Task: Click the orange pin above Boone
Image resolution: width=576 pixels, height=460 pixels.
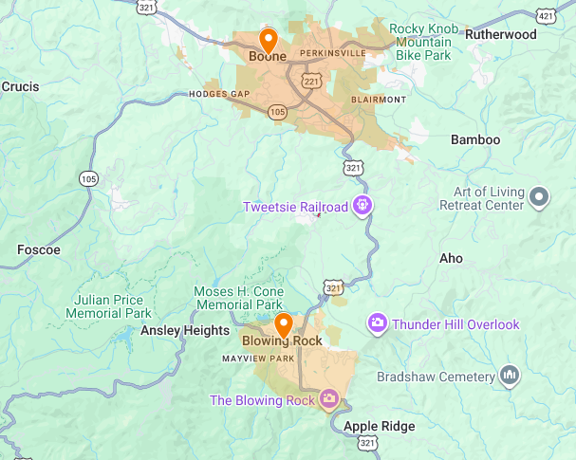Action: click(268, 41)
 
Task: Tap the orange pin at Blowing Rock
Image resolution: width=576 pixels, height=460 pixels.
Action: click(282, 325)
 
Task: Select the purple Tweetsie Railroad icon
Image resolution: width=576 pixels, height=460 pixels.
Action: click(361, 206)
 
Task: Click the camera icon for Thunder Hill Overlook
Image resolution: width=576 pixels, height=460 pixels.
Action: click(378, 324)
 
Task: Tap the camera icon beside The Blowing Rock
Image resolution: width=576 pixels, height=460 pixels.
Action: click(329, 399)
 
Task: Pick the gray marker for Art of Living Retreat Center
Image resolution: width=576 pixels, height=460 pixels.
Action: click(539, 197)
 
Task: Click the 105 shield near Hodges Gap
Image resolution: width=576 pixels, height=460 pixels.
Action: click(277, 112)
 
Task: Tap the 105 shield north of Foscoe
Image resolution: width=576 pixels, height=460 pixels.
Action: click(88, 178)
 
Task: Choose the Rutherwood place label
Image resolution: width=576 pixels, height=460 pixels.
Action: click(501, 35)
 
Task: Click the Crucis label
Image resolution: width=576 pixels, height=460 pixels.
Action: click(20, 87)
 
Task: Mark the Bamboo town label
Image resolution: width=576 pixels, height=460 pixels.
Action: click(474, 139)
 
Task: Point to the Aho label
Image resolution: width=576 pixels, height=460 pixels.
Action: click(452, 258)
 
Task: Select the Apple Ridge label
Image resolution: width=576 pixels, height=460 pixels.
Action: click(379, 426)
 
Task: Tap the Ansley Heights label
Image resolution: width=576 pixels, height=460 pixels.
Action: click(185, 330)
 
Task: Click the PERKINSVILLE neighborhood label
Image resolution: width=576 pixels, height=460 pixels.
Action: click(332, 53)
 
